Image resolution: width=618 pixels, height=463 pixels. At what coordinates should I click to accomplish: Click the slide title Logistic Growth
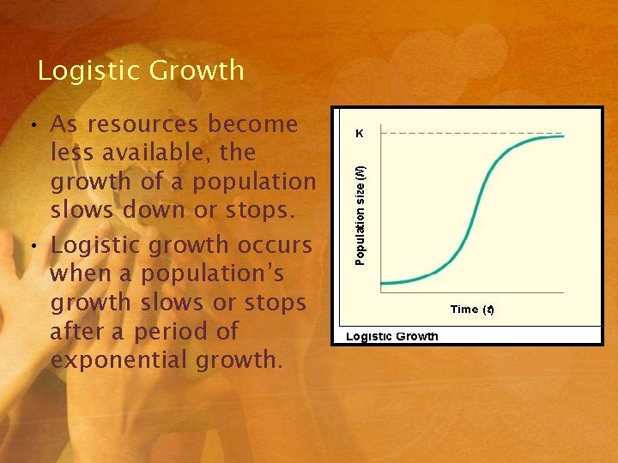(x=141, y=70)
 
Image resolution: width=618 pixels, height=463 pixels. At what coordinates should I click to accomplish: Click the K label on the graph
(x=359, y=134)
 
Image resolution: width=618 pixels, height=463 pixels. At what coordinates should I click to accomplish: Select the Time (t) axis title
(x=473, y=310)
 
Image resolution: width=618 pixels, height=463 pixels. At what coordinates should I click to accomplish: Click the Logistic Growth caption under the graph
(x=391, y=336)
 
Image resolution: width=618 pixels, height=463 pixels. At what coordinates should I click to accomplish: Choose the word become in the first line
(x=257, y=124)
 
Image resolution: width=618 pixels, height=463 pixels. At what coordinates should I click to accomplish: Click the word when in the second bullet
(x=83, y=274)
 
